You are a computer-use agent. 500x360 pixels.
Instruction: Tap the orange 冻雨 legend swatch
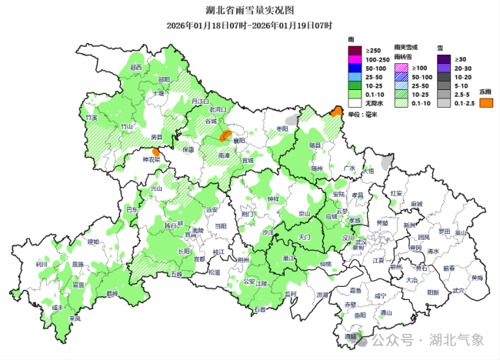pyautogui.click(x=485, y=102)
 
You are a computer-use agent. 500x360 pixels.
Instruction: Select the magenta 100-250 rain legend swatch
pyautogui.click(x=356, y=59)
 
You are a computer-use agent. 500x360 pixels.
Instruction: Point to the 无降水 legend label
pyautogui.click(x=375, y=102)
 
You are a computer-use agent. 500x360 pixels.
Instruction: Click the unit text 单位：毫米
pyautogui.click(x=365, y=114)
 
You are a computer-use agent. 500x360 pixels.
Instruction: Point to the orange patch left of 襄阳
pyautogui.click(x=225, y=136)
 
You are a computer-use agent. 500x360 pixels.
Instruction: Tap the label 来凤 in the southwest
pyautogui.click(x=75, y=318)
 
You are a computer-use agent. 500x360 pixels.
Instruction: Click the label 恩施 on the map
pyautogui.click(x=77, y=264)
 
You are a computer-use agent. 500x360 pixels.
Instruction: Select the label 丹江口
pyautogui.click(x=200, y=101)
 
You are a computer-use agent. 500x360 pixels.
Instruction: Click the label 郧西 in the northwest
pyautogui.click(x=136, y=68)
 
